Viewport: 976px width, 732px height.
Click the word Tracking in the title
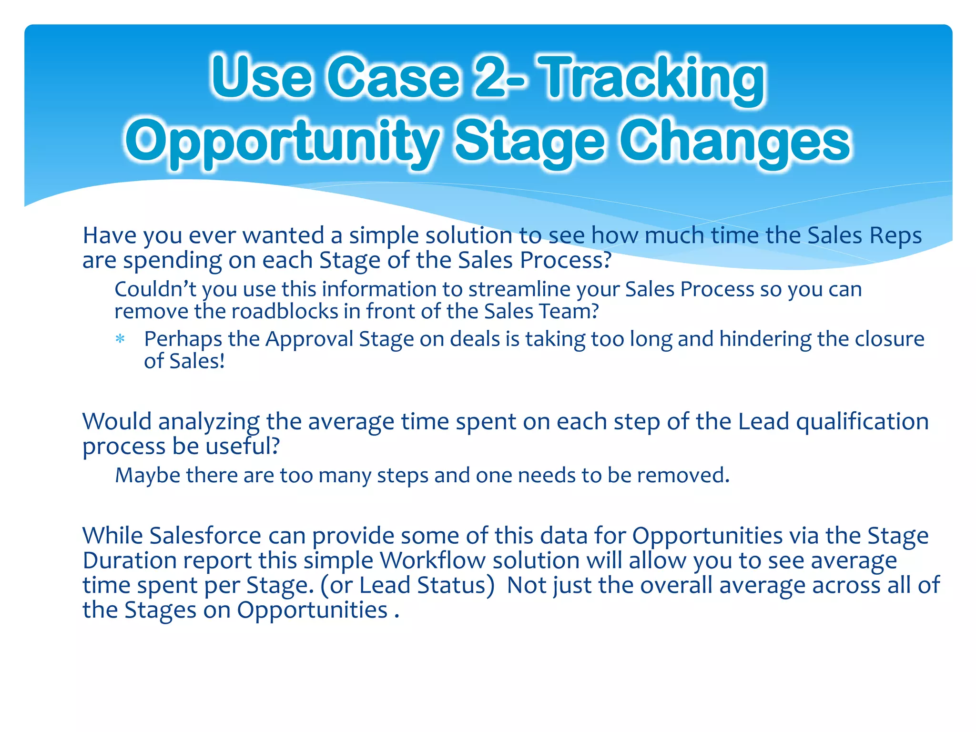click(x=654, y=79)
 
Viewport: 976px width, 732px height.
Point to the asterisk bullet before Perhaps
click(x=120, y=340)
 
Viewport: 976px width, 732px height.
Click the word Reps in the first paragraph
click(x=895, y=235)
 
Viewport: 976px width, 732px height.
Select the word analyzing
click(x=208, y=422)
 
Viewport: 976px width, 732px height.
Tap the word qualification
click(x=862, y=422)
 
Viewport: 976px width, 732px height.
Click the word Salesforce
click(x=205, y=536)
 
